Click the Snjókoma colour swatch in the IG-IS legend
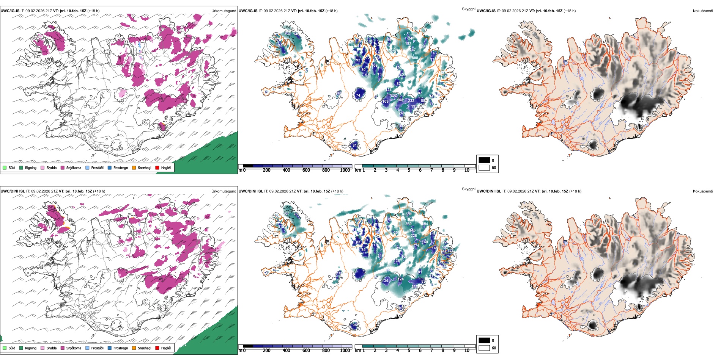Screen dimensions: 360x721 (x=63, y=167)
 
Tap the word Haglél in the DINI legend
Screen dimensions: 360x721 (x=166, y=348)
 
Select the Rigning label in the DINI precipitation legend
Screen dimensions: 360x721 (x=31, y=348)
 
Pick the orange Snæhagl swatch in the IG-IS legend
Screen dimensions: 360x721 (x=134, y=167)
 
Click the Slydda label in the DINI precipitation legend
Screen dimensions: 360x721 (x=51, y=348)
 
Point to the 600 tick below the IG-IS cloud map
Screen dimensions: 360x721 (x=306, y=170)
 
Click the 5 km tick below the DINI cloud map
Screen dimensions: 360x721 (x=409, y=351)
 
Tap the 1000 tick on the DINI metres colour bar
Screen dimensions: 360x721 (x=345, y=351)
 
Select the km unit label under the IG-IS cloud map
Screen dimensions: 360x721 (x=358, y=170)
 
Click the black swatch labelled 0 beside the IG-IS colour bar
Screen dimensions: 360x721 (x=484, y=160)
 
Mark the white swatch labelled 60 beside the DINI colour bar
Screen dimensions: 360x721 (x=484, y=348)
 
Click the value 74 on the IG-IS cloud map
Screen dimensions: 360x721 (x=358, y=95)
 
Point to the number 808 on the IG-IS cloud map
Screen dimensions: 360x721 (x=415, y=58)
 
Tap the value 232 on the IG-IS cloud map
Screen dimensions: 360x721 (x=411, y=101)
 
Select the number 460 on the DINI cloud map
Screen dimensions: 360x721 (x=359, y=219)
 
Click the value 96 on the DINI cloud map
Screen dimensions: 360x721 (x=355, y=325)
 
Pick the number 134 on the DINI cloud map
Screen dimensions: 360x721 (x=385, y=281)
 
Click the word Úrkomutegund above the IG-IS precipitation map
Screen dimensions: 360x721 (x=224, y=11)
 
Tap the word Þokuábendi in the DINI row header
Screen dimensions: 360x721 (x=703, y=191)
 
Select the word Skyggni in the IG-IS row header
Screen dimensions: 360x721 (x=468, y=9)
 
